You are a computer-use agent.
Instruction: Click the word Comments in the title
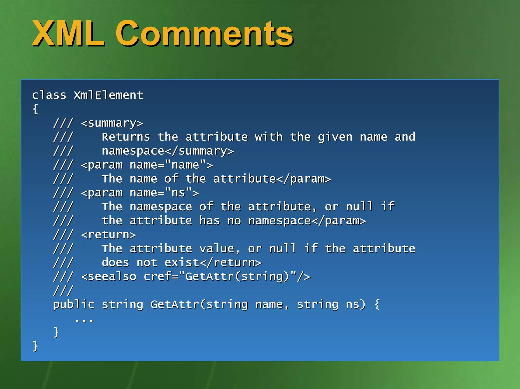[204, 34]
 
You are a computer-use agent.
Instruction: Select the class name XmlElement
[108, 95]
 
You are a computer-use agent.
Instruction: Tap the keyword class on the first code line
[49, 95]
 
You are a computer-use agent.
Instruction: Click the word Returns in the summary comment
[126, 137]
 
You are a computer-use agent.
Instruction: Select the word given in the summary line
[335, 137]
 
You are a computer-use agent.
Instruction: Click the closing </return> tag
[231, 263]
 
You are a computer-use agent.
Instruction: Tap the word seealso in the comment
[112, 277]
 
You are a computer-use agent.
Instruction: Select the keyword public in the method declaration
[74, 305]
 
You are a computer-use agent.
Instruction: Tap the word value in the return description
[217, 249]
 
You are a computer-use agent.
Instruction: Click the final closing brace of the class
[35, 346]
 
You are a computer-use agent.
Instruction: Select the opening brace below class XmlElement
[35, 109]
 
